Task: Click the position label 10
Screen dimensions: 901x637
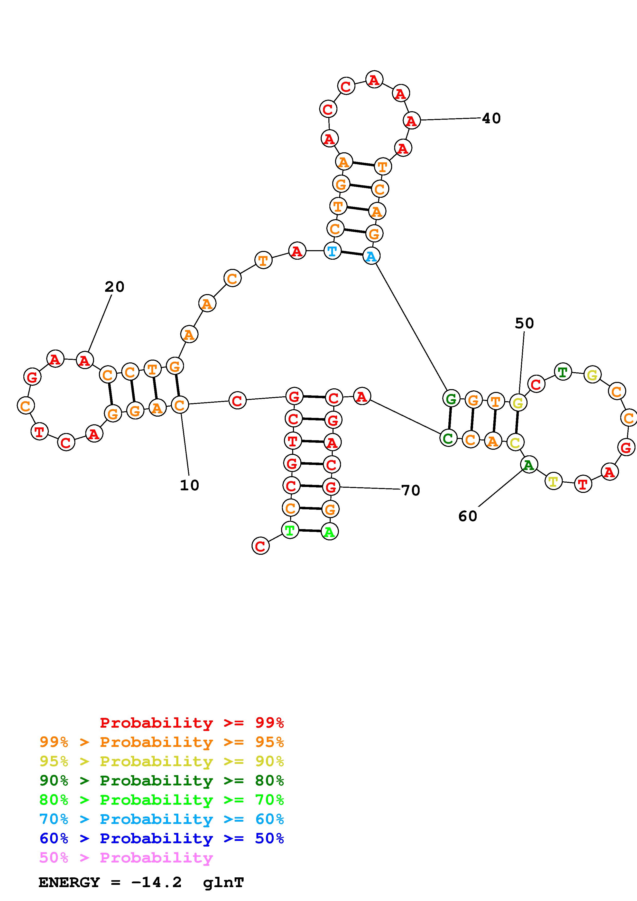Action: (x=190, y=485)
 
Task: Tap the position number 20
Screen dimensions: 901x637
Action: (x=114, y=287)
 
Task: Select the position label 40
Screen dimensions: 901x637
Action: (x=491, y=118)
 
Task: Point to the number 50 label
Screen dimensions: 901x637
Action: (x=524, y=323)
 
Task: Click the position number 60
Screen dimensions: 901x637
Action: (x=467, y=516)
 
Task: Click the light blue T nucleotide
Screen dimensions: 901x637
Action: (x=332, y=251)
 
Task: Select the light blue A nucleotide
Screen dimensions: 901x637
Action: (x=371, y=256)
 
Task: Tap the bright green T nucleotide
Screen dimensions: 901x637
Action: (x=290, y=531)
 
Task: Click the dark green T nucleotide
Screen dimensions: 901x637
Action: (x=563, y=372)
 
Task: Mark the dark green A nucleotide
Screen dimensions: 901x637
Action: (x=529, y=465)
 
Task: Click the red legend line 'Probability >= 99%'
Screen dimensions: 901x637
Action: (x=191, y=723)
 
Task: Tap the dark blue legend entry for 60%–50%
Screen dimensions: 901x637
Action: (x=161, y=839)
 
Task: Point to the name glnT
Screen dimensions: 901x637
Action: (x=223, y=883)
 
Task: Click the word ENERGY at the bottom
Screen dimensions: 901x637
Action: (x=69, y=883)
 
